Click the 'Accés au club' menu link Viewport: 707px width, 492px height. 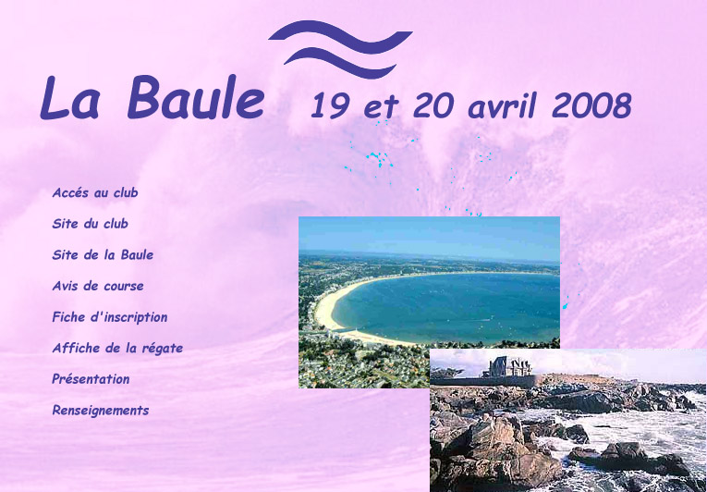(x=95, y=192)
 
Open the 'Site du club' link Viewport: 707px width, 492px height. (x=91, y=224)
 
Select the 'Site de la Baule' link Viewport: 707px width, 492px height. (x=103, y=254)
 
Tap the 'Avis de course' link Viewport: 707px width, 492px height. (x=98, y=286)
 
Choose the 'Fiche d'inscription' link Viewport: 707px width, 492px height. (x=110, y=317)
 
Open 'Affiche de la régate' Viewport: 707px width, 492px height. (x=117, y=348)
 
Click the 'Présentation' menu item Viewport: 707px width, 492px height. (x=91, y=378)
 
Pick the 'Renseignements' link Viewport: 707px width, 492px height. (x=101, y=411)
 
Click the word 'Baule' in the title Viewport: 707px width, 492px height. (x=196, y=97)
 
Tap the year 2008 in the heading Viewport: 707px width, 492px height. (x=591, y=105)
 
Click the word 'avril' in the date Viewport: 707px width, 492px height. (x=503, y=105)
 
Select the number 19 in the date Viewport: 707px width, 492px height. (x=331, y=105)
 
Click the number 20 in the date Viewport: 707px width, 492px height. (x=433, y=105)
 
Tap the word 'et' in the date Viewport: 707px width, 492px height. (x=382, y=107)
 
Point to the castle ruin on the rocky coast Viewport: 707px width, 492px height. (x=506, y=367)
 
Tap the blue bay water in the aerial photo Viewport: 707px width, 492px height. (x=451, y=307)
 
